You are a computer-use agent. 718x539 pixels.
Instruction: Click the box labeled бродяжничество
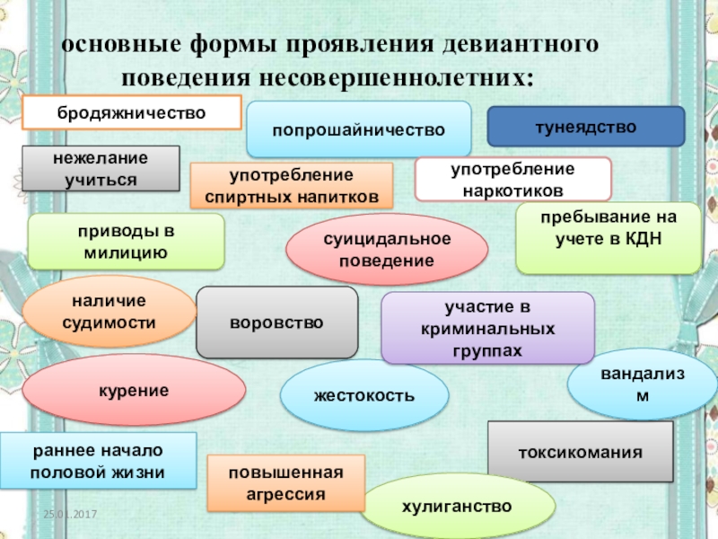click(132, 113)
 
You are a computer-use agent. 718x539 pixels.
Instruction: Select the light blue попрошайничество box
click(359, 129)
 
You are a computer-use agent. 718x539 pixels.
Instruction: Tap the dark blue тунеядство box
click(585, 127)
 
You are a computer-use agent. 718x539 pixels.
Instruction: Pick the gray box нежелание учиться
click(101, 168)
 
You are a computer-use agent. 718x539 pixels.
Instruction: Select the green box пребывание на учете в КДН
click(609, 238)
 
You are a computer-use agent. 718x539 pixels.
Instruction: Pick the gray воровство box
click(276, 322)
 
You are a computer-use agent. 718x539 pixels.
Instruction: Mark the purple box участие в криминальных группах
click(487, 327)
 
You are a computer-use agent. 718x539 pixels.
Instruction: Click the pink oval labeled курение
click(134, 390)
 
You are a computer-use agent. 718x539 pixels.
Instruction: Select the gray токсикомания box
click(580, 452)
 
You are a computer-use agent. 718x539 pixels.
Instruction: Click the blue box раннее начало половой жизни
click(98, 460)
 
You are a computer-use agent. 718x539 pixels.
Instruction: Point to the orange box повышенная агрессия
click(286, 483)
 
